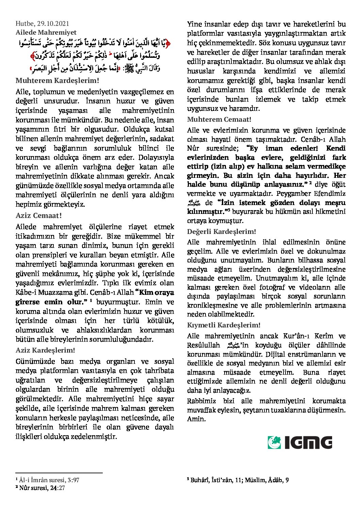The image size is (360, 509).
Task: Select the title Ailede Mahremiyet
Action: coord(46,33)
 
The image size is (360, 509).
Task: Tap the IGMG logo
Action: coord(300,442)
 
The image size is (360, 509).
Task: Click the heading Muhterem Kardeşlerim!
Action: coord(57,81)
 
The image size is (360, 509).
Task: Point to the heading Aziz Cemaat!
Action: coord(38,216)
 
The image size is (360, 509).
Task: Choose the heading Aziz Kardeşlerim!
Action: coord(45,350)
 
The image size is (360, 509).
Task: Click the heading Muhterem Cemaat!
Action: coord(219,119)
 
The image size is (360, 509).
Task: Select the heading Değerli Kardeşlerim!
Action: coord(222,232)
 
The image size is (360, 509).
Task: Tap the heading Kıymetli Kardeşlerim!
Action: coord(224,325)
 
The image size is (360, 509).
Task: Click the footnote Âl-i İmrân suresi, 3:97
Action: coord(49,480)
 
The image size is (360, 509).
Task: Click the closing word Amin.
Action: coord(196,419)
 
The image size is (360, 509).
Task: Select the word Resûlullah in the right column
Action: coord(203,345)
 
